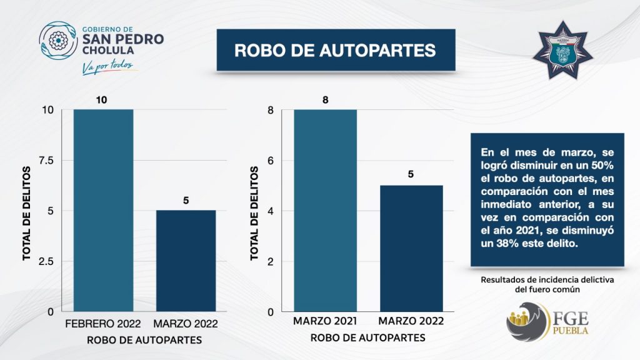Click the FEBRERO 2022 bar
[103, 210]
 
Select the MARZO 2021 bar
[324, 210]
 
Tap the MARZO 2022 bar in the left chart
[186, 261]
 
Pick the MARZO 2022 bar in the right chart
[411, 248]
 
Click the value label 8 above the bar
[325, 100]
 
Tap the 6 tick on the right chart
[270, 161]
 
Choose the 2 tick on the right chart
[270, 261]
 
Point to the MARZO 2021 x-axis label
[324, 322]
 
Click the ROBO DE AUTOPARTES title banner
[335, 50]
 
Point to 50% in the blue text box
[602, 165]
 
